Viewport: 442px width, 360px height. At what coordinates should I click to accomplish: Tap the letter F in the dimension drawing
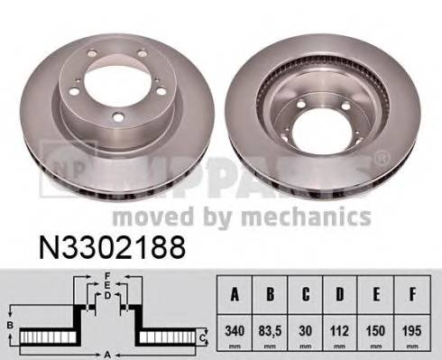click(x=106, y=275)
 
